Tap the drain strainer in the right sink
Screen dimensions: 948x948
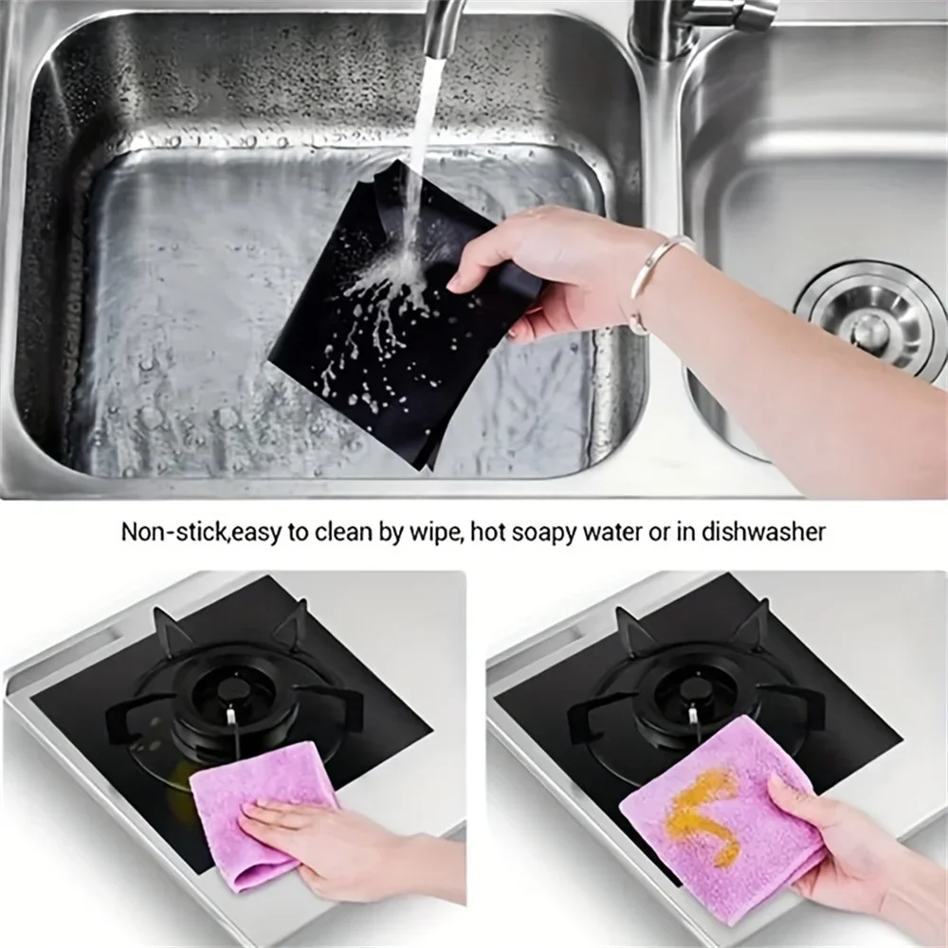[x=869, y=319]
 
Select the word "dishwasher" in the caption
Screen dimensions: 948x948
[x=763, y=532]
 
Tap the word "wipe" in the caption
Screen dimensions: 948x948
[x=432, y=532]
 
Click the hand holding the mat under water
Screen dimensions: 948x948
[x=531, y=265]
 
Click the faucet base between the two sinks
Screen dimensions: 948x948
[x=664, y=38]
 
